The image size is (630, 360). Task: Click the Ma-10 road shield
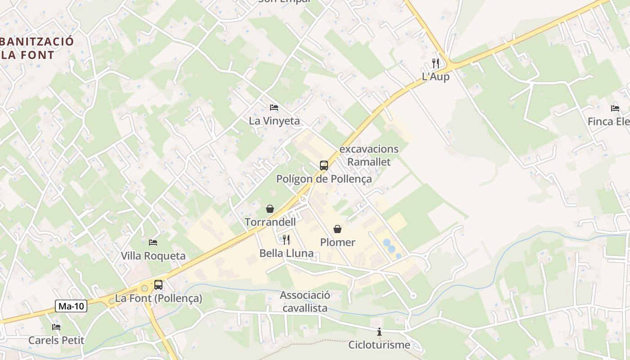(72, 306)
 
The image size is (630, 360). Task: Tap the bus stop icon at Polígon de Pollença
(324, 165)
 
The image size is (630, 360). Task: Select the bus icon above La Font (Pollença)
(158, 284)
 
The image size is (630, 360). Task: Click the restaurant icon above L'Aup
(435, 63)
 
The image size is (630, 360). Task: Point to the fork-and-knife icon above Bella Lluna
(286, 239)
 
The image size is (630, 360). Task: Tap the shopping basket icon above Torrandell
(270, 208)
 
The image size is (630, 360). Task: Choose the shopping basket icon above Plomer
(337, 229)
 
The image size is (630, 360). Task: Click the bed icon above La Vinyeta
(274, 107)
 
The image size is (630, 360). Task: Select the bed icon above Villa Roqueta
(153, 242)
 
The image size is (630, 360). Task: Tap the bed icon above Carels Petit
(56, 327)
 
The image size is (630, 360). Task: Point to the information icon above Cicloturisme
(379, 332)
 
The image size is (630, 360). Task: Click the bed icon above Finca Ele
(615, 108)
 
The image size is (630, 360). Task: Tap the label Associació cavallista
(305, 301)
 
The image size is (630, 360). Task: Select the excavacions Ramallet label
(369, 155)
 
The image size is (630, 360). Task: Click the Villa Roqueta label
(153, 256)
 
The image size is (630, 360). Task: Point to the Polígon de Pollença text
(324, 179)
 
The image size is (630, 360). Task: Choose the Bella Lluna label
(287, 253)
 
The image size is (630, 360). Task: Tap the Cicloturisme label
(379, 345)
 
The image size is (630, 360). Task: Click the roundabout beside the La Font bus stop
(144, 288)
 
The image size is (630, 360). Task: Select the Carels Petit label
(56, 340)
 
